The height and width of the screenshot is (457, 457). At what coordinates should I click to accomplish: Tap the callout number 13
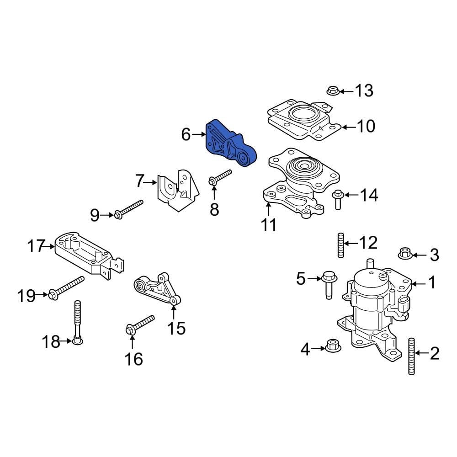(364, 90)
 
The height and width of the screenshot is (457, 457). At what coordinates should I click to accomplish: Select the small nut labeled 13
(332, 91)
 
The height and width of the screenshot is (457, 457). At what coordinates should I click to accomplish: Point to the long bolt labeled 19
(67, 287)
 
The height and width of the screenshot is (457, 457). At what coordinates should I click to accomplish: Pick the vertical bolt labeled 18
(76, 323)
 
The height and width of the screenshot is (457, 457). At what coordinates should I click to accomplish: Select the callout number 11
(268, 225)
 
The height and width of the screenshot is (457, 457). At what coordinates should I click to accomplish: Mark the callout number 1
(432, 283)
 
